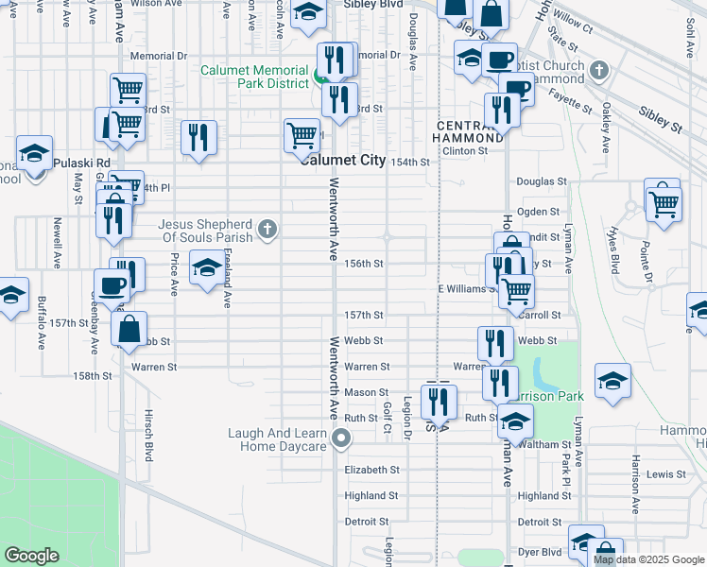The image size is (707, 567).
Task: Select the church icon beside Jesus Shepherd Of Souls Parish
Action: pyautogui.click(x=268, y=228)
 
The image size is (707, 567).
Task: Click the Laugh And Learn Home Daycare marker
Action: pyautogui.click(x=342, y=438)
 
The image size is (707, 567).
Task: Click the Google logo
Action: pyautogui.click(x=31, y=555)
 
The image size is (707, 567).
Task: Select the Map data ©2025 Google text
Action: pyautogui.click(x=649, y=559)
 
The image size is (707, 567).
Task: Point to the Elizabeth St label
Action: pyautogui.click(x=372, y=470)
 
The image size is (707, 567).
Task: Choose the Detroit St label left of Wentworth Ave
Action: pyautogui.click(x=366, y=522)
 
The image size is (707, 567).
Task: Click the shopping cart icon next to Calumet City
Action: pyautogui.click(x=301, y=134)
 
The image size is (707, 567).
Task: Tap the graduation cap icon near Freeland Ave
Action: pyautogui.click(x=206, y=268)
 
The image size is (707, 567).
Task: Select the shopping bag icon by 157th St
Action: pyautogui.click(x=129, y=328)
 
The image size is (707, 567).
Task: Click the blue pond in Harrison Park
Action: pyautogui.click(x=542, y=372)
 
